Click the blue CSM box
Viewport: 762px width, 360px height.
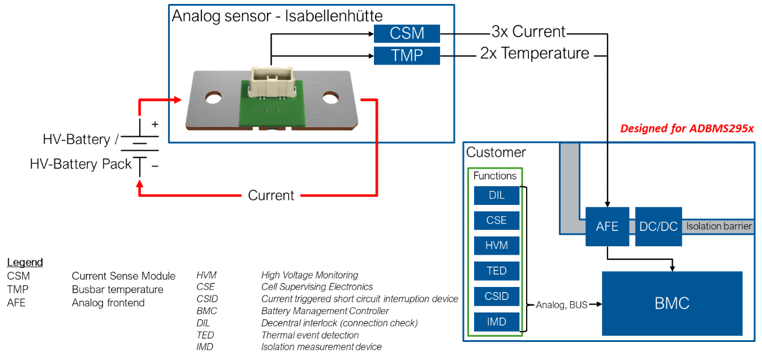coord(407,33)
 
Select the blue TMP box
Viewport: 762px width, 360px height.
coord(407,55)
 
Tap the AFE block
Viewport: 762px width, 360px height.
coord(607,226)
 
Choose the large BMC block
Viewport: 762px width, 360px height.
coord(671,303)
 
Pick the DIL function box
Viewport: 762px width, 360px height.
coord(496,195)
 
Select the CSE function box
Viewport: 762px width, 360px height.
coord(496,220)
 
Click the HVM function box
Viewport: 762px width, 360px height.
coord(496,246)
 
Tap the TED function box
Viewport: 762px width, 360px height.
coord(496,271)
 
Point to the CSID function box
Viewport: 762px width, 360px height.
coord(496,297)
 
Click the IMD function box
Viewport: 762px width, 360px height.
coord(496,322)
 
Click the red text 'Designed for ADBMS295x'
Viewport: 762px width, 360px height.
coord(687,128)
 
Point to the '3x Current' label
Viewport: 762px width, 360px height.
coord(528,32)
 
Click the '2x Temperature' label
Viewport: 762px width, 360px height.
coord(535,54)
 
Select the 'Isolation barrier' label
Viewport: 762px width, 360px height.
coord(718,226)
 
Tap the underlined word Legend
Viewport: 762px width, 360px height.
coord(25,263)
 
